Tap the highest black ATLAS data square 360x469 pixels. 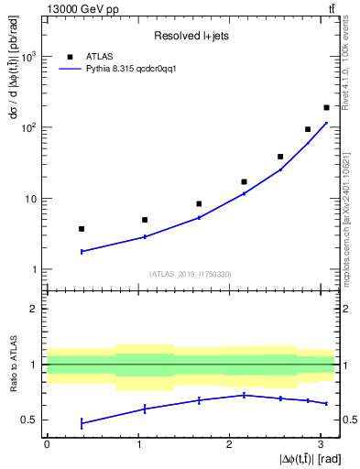coord(326,107)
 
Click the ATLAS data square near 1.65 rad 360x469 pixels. coord(199,203)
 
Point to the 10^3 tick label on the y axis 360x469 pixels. coord(28,57)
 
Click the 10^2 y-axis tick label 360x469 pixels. coord(28,127)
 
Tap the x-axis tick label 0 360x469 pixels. coord(46,443)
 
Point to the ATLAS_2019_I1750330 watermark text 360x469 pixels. coord(190,274)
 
